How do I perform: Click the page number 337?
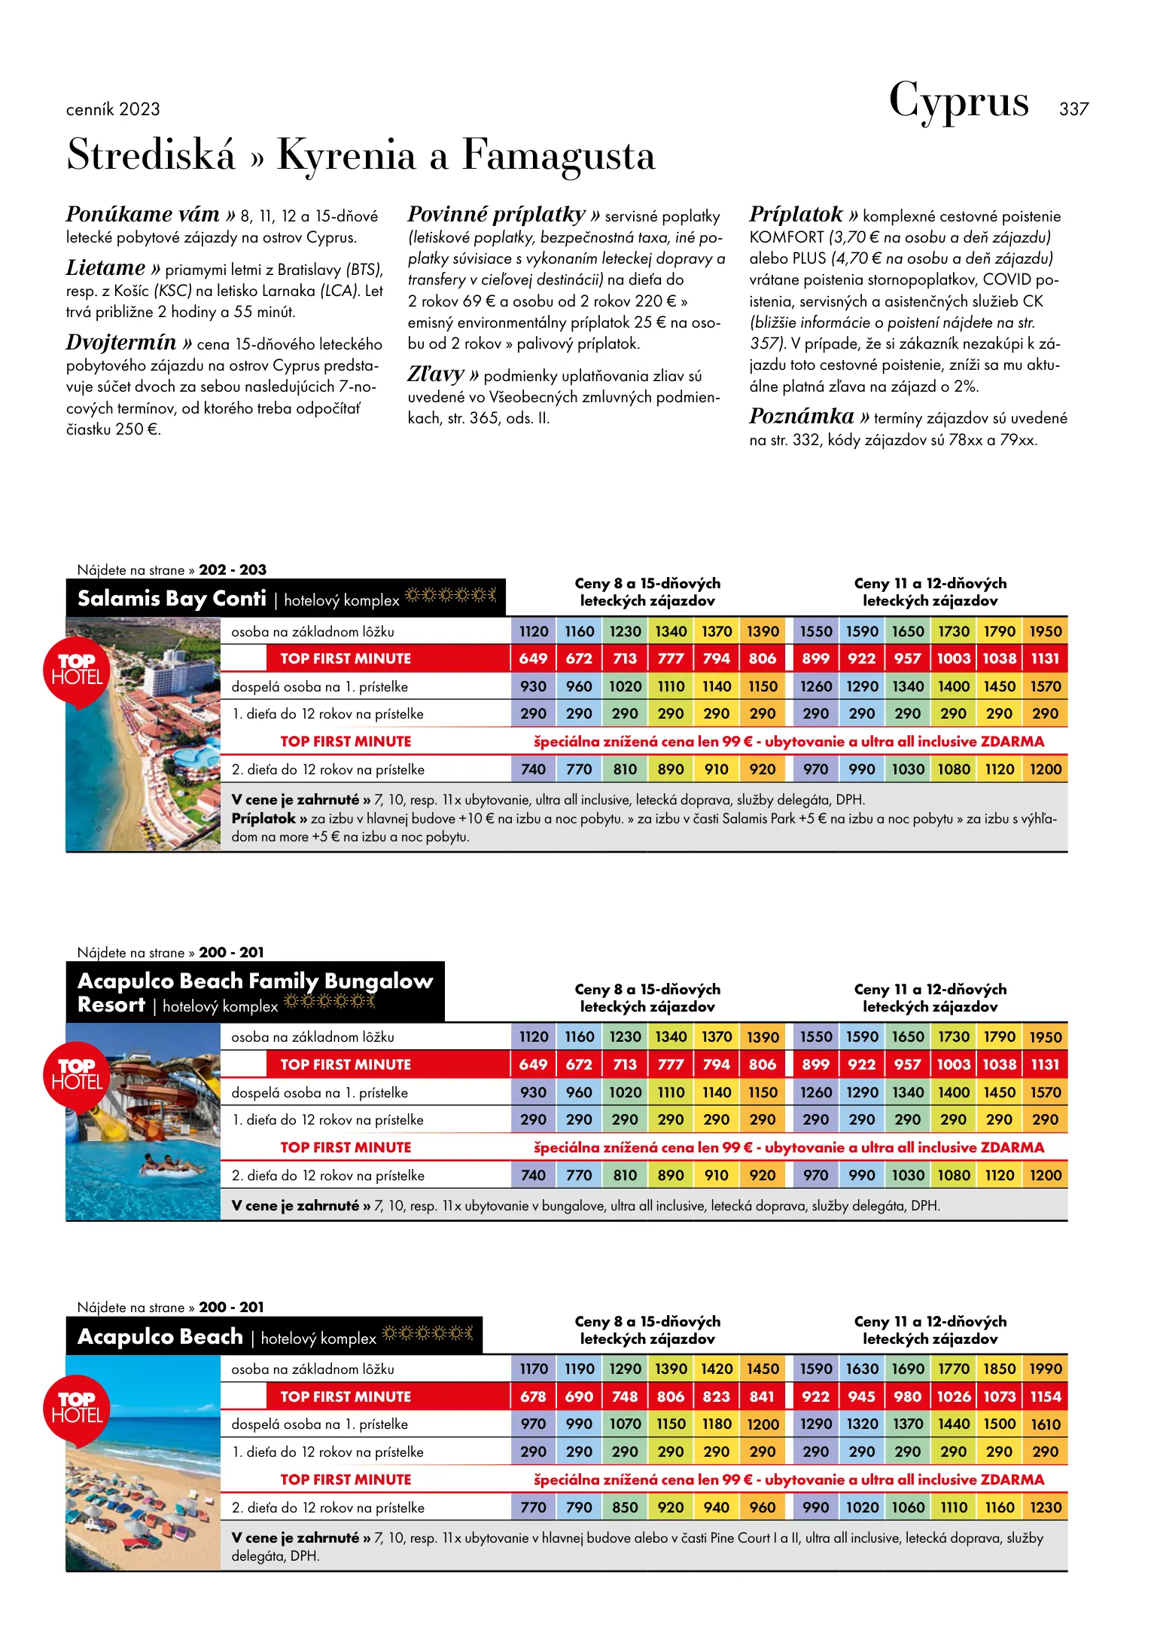coord(1073,109)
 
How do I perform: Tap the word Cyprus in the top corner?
coord(958,102)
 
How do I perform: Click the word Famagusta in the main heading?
coord(558,156)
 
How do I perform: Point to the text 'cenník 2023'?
coord(113,109)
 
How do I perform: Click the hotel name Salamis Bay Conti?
coord(172,599)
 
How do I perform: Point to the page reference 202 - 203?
coord(233,570)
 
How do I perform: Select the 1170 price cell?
coord(534,1369)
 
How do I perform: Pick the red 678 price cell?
coord(534,1397)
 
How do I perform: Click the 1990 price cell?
coord(1046,1369)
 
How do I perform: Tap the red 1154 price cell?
coord(1046,1397)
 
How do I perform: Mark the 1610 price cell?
coord(1046,1424)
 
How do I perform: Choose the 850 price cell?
coord(625,1507)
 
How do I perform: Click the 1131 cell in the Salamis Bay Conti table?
coord(1046,659)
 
